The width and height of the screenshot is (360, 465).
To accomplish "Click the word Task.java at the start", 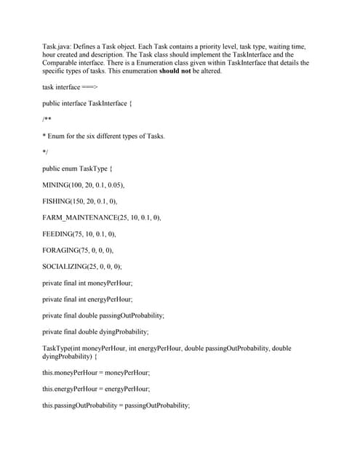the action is pos(55,46).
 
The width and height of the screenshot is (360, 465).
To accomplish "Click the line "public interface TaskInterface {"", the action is pos(87,103).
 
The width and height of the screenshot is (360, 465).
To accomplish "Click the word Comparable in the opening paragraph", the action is pos(60,62).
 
